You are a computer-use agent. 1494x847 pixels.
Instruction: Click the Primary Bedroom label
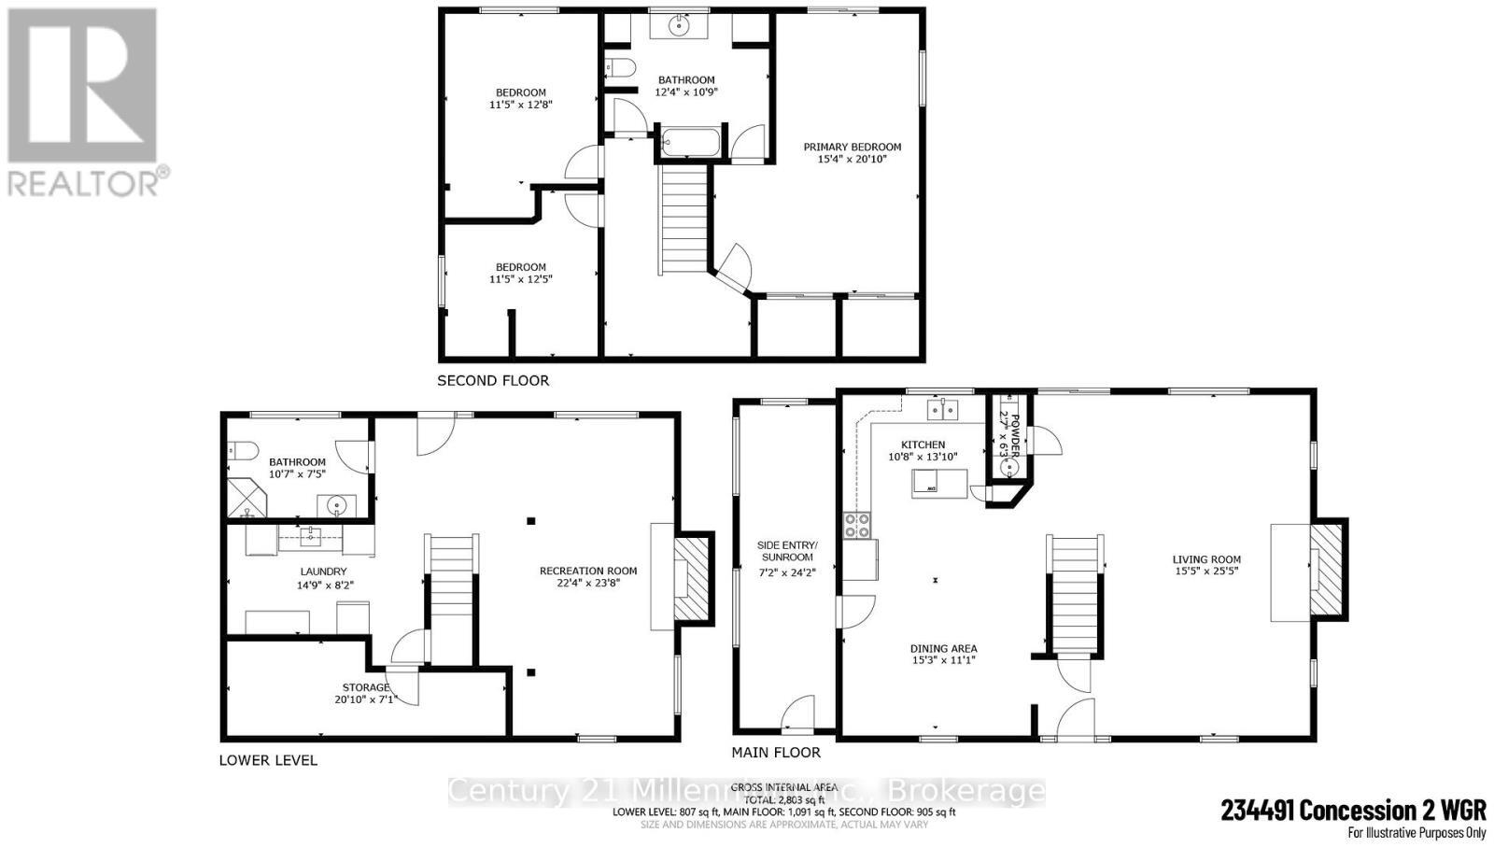point(853,153)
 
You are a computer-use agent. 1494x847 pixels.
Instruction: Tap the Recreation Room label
point(588,577)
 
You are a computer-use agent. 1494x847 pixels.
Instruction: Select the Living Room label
point(1206,566)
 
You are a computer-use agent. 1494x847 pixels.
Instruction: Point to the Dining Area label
point(943,654)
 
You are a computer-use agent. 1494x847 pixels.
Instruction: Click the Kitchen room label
point(923,451)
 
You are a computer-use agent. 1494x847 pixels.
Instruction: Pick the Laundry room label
point(323,578)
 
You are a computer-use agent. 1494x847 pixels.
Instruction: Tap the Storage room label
point(366,694)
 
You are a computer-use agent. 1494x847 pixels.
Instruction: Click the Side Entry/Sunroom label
point(787,558)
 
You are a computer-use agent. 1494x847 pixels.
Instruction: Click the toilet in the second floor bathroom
point(619,66)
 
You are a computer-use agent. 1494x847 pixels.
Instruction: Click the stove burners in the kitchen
point(857,527)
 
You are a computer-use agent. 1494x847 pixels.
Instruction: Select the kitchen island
point(939,483)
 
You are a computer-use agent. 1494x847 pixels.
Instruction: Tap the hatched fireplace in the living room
point(1326,570)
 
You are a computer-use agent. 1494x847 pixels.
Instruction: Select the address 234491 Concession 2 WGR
point(1353,810)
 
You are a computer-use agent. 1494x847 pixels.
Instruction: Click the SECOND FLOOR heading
point(493,381)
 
